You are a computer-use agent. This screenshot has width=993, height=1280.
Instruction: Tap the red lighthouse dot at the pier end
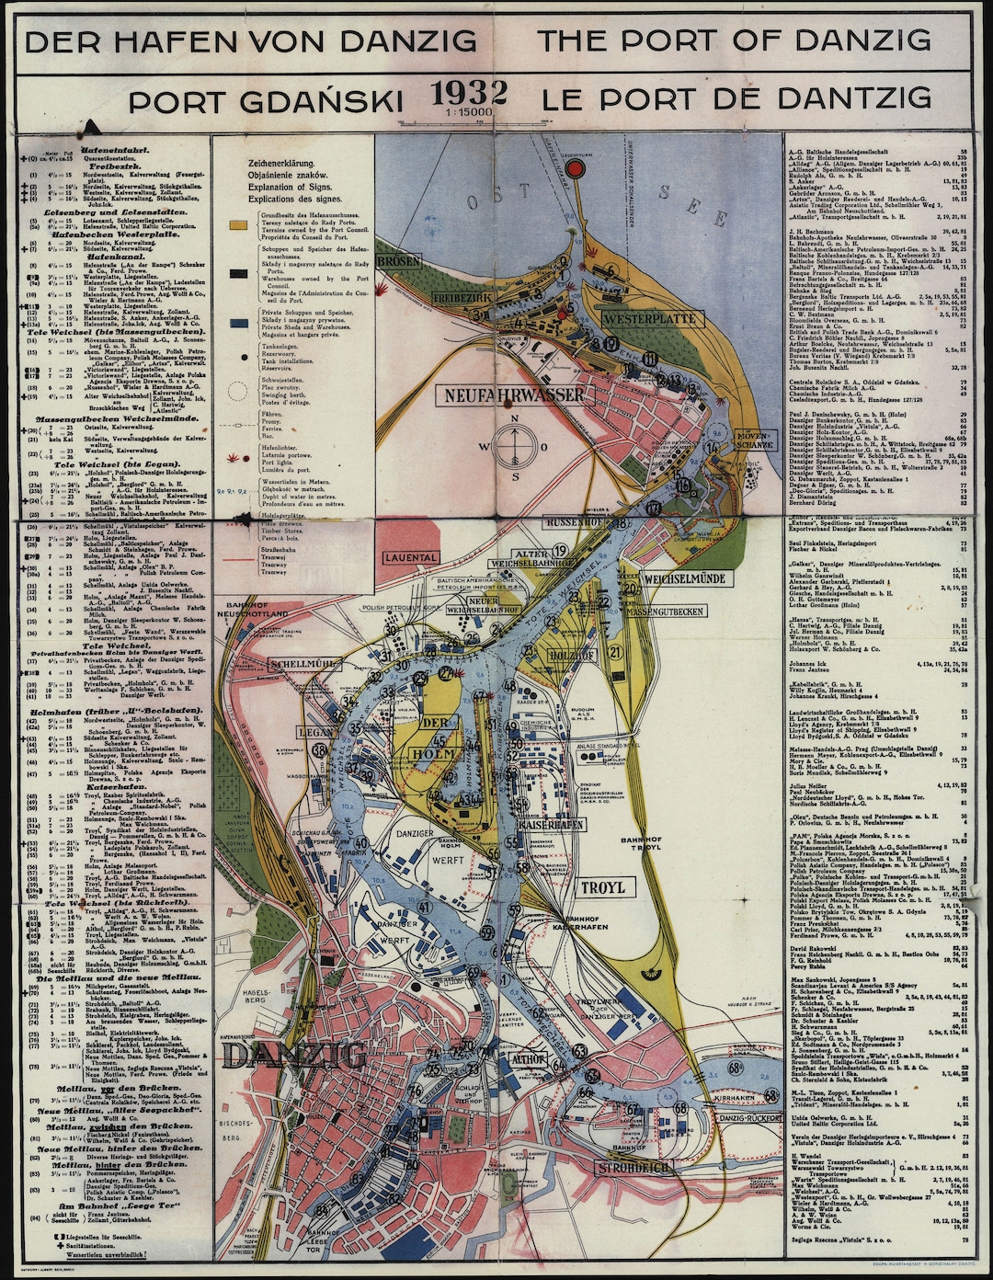click(576, 170)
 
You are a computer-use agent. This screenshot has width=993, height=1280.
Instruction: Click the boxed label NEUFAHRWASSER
click(514, 396)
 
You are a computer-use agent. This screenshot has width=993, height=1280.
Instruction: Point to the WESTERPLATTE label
click(651, 319)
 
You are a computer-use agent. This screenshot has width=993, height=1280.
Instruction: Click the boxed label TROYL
click(603, 887)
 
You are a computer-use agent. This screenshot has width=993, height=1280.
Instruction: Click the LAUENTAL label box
click(412, 557)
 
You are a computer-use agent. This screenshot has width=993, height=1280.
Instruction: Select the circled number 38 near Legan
click(320, 749)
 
